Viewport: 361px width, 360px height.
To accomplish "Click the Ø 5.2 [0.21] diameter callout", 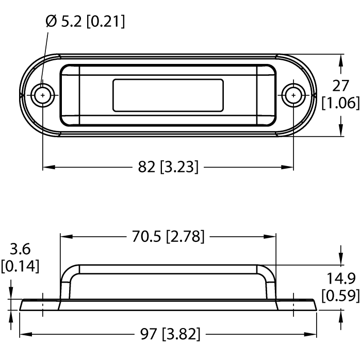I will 85,22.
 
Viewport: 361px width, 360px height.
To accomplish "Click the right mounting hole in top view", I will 293,95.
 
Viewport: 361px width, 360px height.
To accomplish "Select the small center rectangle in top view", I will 168,95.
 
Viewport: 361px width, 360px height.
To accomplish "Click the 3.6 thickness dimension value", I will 20,250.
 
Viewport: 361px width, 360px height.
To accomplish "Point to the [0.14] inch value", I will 20,267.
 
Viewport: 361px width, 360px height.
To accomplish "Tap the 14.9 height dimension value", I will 340,279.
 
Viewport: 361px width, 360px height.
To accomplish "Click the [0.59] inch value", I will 340,296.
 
